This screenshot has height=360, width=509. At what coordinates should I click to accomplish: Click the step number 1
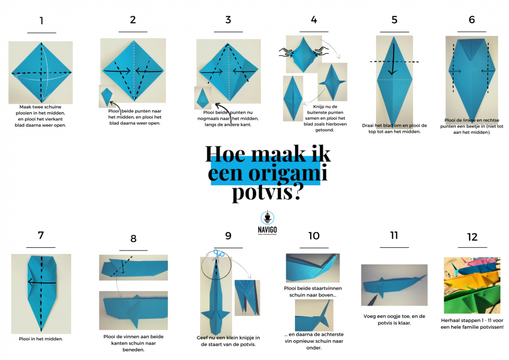(42, 21)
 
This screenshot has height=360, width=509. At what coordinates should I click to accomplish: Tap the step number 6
(471, 20)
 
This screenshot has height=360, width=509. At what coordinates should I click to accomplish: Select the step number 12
(473, 237)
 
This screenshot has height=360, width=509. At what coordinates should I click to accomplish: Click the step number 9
(228, 236)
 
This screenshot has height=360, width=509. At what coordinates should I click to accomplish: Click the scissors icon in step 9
(218, 255)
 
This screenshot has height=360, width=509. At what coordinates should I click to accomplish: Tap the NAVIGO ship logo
(267, 218)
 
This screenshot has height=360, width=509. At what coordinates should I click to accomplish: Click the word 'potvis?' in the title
(267, 192)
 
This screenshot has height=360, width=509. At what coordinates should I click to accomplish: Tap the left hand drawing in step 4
(286, 52)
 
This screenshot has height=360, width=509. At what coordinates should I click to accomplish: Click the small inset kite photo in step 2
(106, 97)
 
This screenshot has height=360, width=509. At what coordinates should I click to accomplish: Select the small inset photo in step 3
(203, 98)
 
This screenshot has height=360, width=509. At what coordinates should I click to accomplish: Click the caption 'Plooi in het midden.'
(40, 339)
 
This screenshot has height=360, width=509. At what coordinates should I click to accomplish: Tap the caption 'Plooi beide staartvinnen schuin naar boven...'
(313, 292)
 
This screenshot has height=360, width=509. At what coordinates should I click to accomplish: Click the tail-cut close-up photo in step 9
(248, 297)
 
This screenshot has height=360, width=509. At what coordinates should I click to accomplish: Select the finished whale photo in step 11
(394, 285)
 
